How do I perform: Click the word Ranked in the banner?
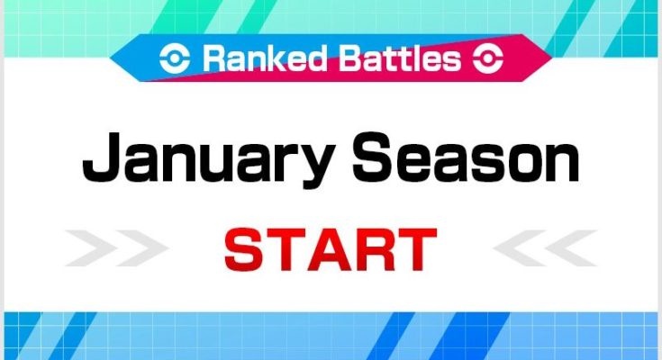click(x=265, y=58)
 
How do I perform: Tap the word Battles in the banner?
click(x=400, y=58)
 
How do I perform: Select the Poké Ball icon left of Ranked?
click(x=175, y=58)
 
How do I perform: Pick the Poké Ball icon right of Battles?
click(x=488, y=58)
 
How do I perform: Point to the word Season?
click(x=466, y=157)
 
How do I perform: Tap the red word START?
click(x=331, y=250)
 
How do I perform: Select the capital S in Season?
click(x=374, y=157)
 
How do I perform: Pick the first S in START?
click(x=243, y=250)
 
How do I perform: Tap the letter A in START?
click(x=331, y=250)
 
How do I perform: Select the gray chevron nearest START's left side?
click(x=142, y=248)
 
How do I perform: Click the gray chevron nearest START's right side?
click(x=520, y=248)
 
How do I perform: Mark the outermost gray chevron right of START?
click(x=571, y=248)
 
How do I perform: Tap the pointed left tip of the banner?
click(x=110, y=58)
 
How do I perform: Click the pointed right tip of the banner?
click(x=552, y=58)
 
